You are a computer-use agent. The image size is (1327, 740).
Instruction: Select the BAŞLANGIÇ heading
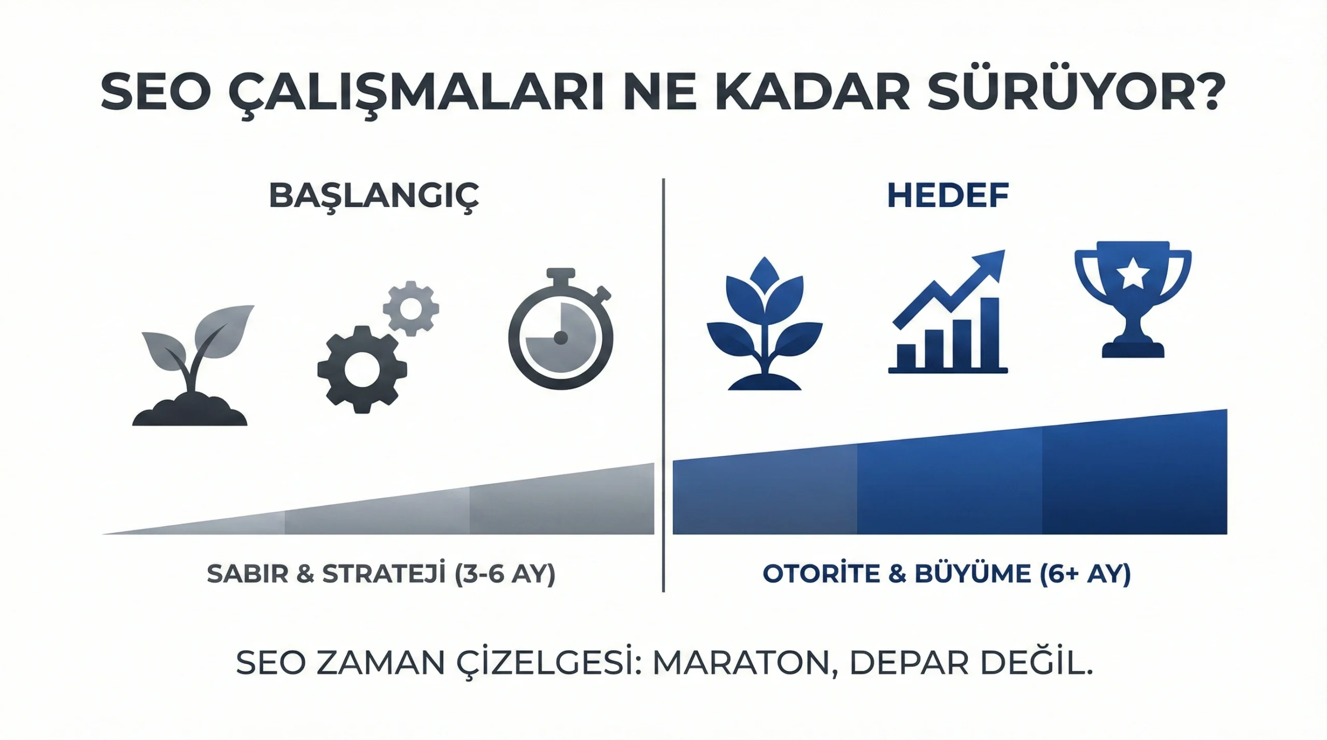tap(374, 196)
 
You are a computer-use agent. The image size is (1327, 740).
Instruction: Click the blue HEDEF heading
tap(948, 196)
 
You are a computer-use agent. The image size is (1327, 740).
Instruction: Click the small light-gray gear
tap(411, 309)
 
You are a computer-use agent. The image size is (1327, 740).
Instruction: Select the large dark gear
tap(361, 369)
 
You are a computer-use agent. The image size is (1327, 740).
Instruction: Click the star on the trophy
tap(1133, 275)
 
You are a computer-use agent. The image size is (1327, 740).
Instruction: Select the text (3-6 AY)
tap(505, 574)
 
